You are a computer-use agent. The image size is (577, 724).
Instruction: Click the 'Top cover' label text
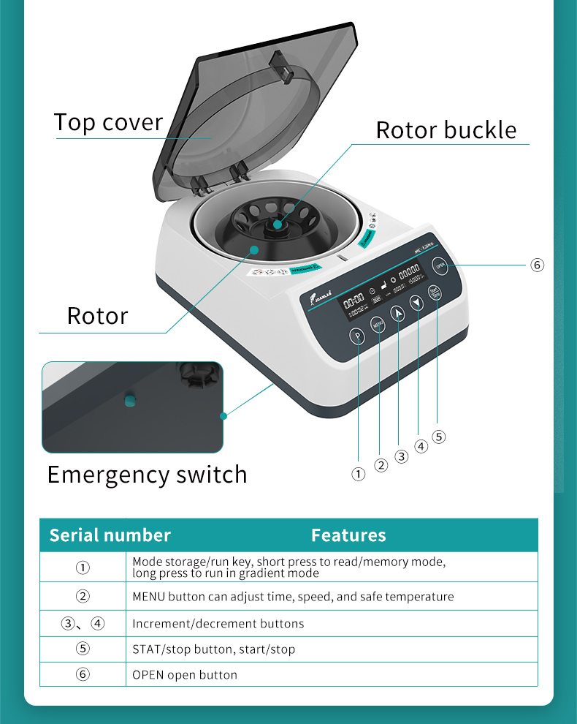click(x=108, y=122)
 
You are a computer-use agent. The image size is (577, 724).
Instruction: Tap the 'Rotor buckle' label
click(x=446, y=130)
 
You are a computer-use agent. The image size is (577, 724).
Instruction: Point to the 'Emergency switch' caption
click(x=147, y=475)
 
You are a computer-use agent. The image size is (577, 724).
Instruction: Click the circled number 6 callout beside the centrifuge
click(x=538, y=265)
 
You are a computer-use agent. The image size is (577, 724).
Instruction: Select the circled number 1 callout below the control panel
click(x=358, y=474)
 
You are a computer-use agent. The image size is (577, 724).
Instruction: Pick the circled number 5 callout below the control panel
click(x=438, y=437)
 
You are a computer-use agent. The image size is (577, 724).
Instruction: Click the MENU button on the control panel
click(x=378, y=324)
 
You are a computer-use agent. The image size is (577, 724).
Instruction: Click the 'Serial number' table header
click(x=110, y=535)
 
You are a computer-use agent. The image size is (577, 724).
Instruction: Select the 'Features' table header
click(x=348, y=535)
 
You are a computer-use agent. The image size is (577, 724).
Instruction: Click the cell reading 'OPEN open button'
click(x=185, y=674)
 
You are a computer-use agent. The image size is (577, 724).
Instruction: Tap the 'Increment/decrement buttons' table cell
click(x=218, y=624)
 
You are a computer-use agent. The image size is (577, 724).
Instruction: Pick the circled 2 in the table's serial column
click(x=83, y=596)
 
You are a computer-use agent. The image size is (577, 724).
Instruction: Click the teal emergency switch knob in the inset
click(x=129, y=399)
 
